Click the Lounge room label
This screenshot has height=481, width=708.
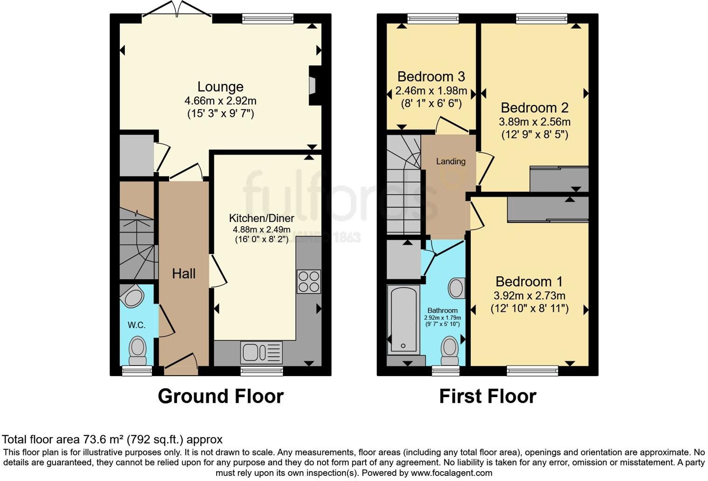point(220,87)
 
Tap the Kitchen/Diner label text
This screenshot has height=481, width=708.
point(261,218)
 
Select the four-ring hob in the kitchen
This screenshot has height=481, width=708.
point(308,282)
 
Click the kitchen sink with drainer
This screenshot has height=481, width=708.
point(261,352)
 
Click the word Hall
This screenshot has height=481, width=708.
point(184,274)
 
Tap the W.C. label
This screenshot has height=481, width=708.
point(136,325)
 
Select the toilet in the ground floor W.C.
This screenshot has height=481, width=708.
point(137,351)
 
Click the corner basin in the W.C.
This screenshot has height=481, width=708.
point(132,295)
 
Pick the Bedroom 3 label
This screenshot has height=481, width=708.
point(431,76)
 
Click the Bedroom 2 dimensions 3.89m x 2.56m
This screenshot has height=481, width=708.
point(534,122)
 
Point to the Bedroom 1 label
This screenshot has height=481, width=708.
point(529,282)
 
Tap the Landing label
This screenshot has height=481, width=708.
point(450,161)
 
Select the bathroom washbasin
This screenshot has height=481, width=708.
point(456,288)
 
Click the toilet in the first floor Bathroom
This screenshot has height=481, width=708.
point(449,350)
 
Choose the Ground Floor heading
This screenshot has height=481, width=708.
point(220,396)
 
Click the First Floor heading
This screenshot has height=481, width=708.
point(487,396)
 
